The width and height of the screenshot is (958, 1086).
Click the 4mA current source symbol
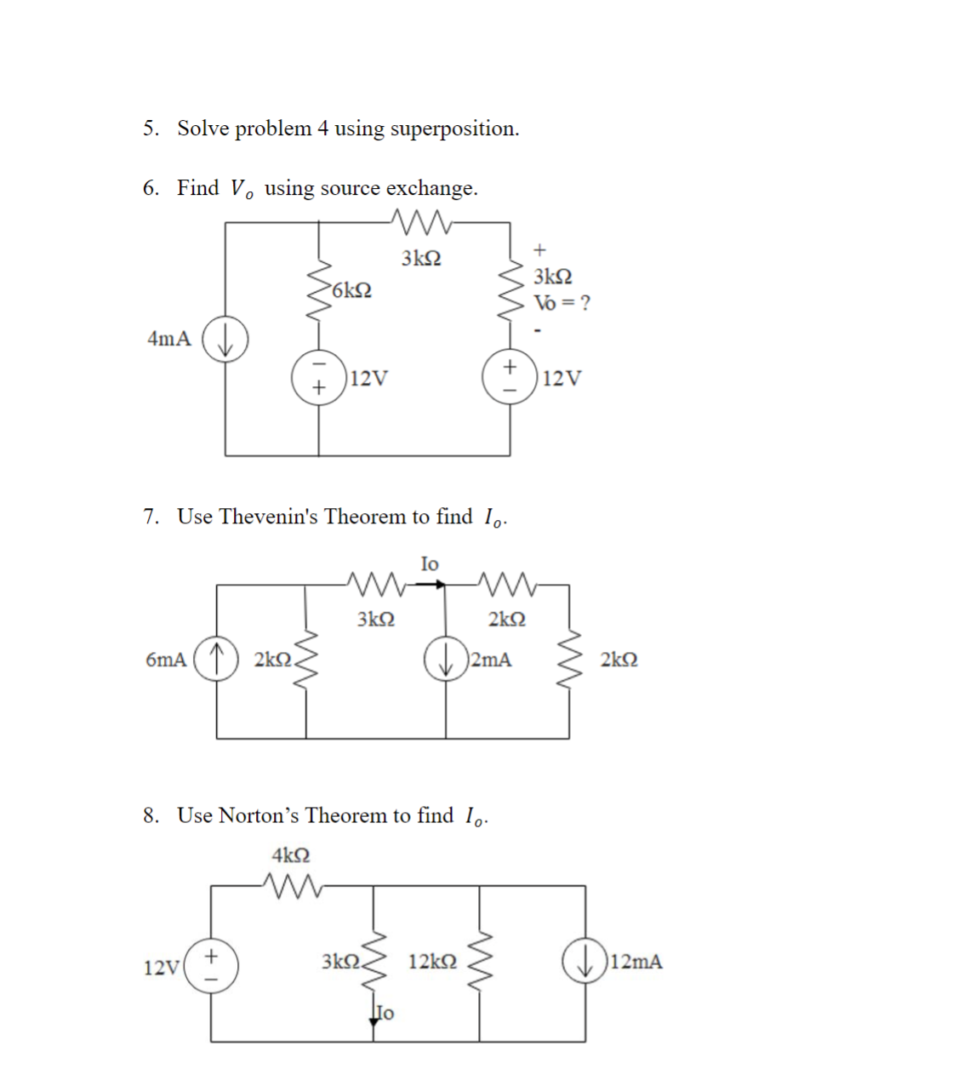(225, 340)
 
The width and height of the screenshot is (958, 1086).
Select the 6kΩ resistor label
(351, 290)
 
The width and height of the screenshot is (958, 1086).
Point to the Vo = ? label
(562, 303)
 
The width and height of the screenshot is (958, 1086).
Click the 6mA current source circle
(216, 660)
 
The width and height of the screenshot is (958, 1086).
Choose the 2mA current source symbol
(446, 660)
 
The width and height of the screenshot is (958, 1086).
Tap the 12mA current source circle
(584, 962)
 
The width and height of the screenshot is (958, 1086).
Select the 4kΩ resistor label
(291, 855)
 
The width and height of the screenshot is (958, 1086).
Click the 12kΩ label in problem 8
(432, 962)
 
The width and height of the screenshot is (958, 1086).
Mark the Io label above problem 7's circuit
(430, 563)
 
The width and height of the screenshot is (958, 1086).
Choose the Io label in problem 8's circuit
(385, 1013)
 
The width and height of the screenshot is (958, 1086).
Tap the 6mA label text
(166, 660)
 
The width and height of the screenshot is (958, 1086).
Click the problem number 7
(151, 517)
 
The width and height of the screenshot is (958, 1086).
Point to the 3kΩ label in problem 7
(375, 619)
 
